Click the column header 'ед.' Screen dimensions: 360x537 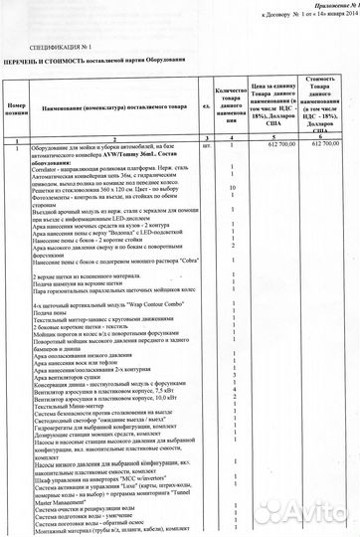coord(204,105)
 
